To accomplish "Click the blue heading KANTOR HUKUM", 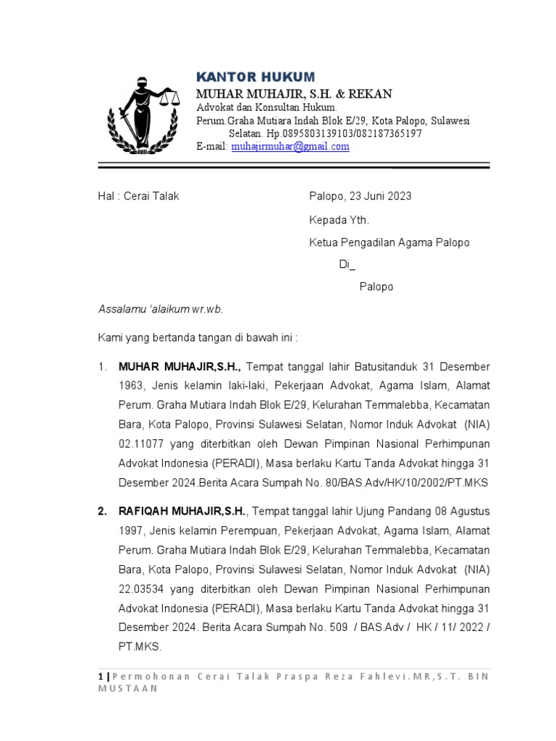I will [x=256, y=77].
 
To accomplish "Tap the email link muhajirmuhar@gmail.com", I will [x=290, y=146].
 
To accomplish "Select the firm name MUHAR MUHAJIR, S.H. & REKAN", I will [x=295, y=94].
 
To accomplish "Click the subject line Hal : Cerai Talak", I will [x=139, y=197].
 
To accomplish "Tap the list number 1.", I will [x=102, y=368].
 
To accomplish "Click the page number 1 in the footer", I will [x=100, y=676].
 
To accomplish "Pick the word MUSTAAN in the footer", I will [x=128, y=689].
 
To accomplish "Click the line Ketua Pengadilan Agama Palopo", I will [x=389, y=242].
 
